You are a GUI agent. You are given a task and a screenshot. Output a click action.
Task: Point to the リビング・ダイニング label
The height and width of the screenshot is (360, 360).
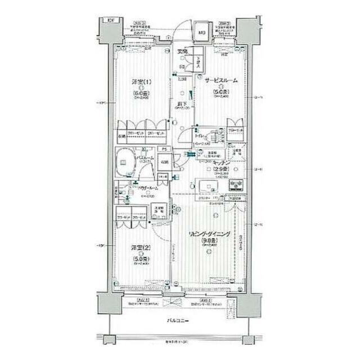[x=208, y=233]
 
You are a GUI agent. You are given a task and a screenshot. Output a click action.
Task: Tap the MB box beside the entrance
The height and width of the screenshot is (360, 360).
[x=201, y=31]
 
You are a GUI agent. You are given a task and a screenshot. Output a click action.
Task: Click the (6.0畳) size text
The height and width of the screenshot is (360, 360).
[x=141, y=93]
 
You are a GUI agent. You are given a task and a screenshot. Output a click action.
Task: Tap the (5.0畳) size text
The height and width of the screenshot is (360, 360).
[x=141, y=259]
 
